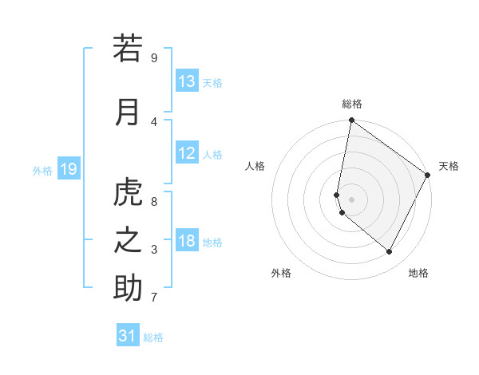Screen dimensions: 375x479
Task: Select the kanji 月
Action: [x=128, y=112]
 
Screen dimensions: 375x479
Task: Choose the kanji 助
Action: [x=128, y=288]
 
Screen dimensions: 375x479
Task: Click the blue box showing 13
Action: [x=187, y=81]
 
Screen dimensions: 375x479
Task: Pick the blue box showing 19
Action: [x=68, y=169]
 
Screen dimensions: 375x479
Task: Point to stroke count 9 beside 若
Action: [x=154, y=58]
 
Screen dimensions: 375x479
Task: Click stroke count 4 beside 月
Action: [x=154, y=122]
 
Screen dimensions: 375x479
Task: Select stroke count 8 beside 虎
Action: [x=154, y=202]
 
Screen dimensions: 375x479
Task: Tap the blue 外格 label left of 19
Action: [x=42, y=170]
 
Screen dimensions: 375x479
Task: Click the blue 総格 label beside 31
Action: [x=153, y=337]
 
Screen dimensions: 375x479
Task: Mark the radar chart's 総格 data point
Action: [x=351, y=120]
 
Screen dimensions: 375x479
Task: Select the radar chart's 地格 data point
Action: [x=390, y=252]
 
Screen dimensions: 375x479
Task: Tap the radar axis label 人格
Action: [x=255, y=166]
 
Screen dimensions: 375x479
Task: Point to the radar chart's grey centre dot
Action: [x=351, y=199]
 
